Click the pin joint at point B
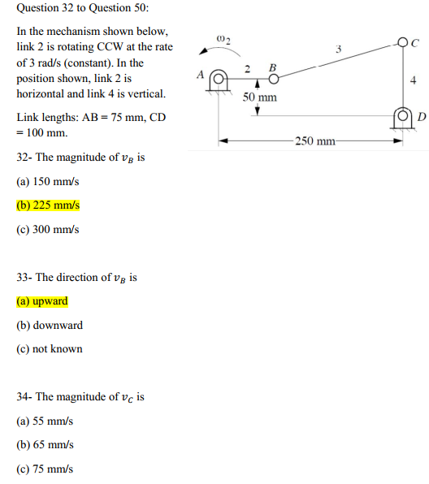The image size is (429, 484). pos(275,79)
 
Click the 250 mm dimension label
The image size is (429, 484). pos(315,140)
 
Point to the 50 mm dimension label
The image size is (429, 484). pos(259,97)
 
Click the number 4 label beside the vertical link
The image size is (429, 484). pos(414,80)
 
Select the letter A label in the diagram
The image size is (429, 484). pos(200,74)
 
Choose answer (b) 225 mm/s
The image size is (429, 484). pos(48,205)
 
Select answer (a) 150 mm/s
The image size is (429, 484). pos(48,181)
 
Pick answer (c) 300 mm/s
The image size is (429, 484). pos(48,229)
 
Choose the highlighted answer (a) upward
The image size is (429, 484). pos(42,301)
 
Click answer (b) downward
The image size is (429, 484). pos(50,325)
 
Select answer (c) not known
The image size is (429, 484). pos(50,348)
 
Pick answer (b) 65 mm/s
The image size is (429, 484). pos(45,445)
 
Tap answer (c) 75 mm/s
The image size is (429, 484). pos(45,469)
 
